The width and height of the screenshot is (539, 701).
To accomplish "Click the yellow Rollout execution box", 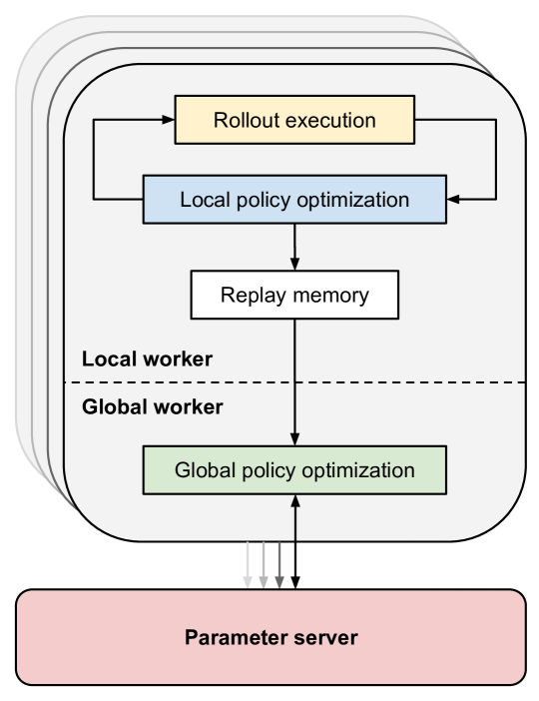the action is [x=294, y=120].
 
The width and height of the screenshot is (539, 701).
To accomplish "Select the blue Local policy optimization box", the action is [x=294, y=200].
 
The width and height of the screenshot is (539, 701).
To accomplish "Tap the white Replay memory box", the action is [x=294, y=295].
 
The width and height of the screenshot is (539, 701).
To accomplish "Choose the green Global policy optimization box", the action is [x=294, y=470].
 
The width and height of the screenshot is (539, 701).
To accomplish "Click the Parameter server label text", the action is [x=271, y=637].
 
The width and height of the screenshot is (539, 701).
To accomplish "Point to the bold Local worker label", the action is [x=147, y=359].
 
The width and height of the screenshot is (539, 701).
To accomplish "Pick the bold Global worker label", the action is [x=153, y=406].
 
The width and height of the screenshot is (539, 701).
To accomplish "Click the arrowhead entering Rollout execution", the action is [x=169, y=120].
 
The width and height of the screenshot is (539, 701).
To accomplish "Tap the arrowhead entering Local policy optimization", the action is [x=453, y=200].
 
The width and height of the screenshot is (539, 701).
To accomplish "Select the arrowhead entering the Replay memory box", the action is [x=294, y=264].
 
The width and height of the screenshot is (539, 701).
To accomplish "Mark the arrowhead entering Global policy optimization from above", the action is [x=294, y=439].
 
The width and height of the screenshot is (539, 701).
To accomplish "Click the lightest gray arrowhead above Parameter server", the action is [x=248, y=582].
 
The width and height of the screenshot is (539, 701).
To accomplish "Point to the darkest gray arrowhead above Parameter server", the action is [x=278, y=582].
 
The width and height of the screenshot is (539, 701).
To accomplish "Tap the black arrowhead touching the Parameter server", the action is [x=295, y=582].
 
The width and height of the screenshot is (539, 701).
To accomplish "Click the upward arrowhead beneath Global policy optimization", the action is [x=295, y=501].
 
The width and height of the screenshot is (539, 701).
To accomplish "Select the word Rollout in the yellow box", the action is [x=244, y=120].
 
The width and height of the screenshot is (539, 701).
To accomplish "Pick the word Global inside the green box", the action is [x=206, y=470].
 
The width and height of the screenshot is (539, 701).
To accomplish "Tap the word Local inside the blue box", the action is [x=206, y=200].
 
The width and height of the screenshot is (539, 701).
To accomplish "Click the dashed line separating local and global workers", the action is [x=295, y=382].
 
